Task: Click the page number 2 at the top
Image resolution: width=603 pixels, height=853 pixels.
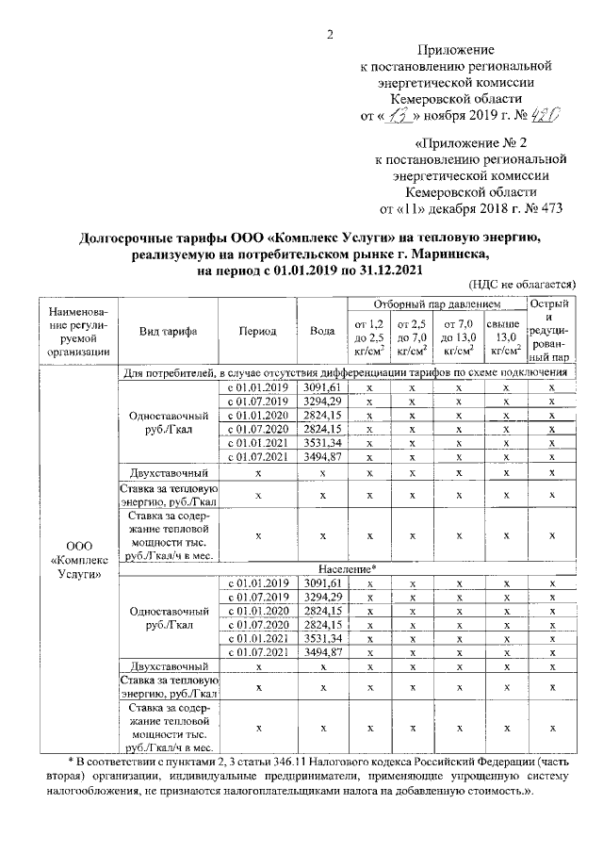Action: click(x=330, y=36)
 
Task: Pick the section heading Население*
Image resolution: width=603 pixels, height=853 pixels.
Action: click(x=348, y=569)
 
